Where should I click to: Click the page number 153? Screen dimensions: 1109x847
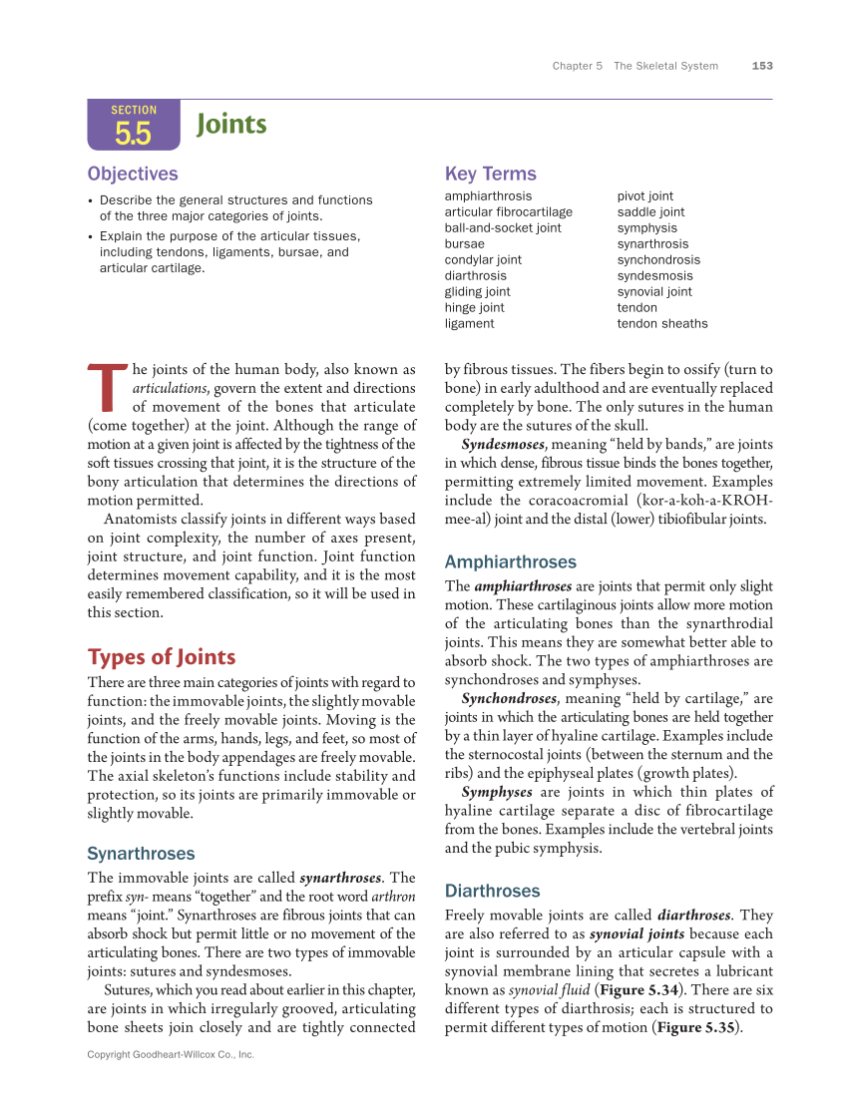[x=762, y=66]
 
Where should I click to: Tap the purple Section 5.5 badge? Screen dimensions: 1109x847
[x=134, y=125]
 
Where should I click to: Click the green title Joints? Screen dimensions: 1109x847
[x=231, y=124]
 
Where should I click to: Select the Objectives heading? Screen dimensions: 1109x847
[x=133, y=174]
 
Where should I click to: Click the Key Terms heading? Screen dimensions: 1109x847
[x=490, y=174]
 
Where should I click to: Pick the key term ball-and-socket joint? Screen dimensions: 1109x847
[x=503, y=227]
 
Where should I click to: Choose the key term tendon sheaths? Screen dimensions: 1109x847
[x=661, y=323]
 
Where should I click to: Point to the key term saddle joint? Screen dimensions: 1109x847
[x=650, y=211]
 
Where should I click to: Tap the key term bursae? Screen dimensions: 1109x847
[x=464, y=243]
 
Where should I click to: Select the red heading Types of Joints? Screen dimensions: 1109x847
[x=162, y=657]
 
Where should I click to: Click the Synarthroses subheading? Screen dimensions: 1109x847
[x=141, y=854]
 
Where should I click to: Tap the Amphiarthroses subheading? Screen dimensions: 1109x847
[x=510, y=561]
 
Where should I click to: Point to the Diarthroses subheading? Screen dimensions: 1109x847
[x=492, y=891]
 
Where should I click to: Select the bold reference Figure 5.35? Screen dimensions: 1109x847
[x=696, y=1027]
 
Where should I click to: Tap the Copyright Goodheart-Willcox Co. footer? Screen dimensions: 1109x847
[x=171, y=1054]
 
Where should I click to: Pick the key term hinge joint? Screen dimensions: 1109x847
[x=474, y=307]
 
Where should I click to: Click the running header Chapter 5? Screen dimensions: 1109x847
[x=578, y=66]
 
